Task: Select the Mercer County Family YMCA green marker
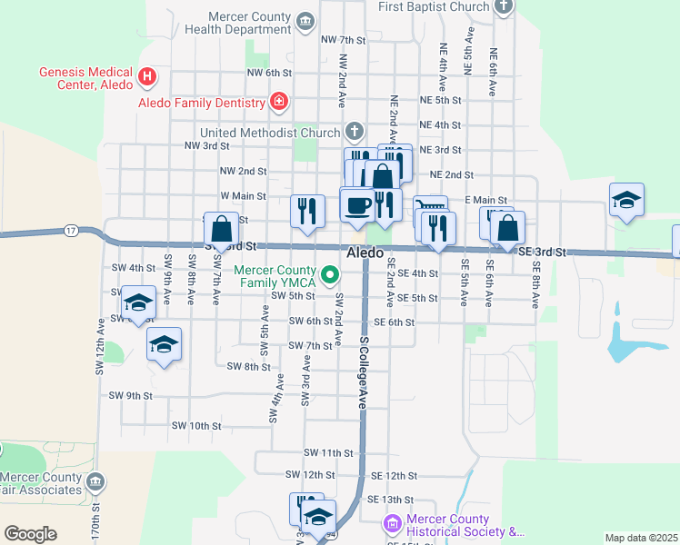331,272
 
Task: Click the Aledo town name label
365,253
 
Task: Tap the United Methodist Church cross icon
353,132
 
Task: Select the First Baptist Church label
435,6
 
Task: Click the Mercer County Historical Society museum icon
392,524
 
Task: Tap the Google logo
30,534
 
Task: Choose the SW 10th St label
196,425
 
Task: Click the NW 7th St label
343,40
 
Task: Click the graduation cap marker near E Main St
626,200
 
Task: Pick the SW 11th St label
328,452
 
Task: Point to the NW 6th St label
269,73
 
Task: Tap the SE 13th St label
390,500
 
